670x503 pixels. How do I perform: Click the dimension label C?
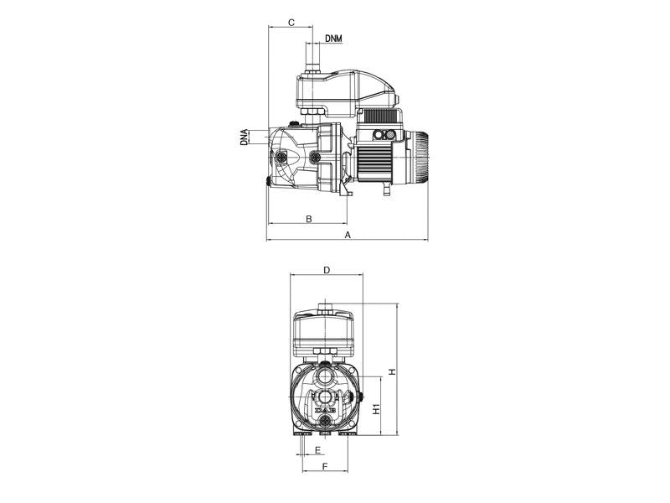(x=291, y=23)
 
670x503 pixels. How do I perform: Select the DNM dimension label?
(x=333, y=39)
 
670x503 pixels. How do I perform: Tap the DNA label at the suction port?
(x=244, y=137)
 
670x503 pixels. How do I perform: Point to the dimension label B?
(x=309, y=219)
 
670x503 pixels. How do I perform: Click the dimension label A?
(x=348, y=235)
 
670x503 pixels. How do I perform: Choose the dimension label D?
(x=327, y=270)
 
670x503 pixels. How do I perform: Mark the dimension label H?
(x=392, y=371)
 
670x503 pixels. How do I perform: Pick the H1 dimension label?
(x=376, y=409)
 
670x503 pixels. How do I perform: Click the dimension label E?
(x=317, y=450)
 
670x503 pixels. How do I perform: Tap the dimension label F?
(x=325, y=466)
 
